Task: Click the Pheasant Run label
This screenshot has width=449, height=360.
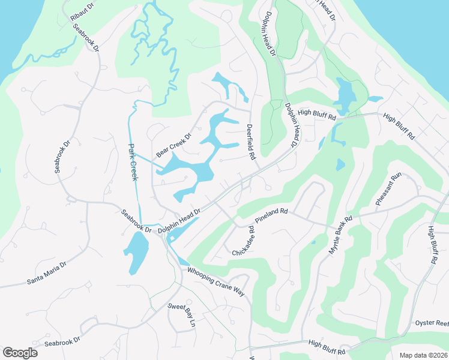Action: pos(388,190)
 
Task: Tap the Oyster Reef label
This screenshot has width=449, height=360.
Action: pos(432,323)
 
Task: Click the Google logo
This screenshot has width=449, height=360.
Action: pos(20,353)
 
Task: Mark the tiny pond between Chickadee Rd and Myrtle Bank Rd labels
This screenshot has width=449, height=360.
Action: pos(313,242)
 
